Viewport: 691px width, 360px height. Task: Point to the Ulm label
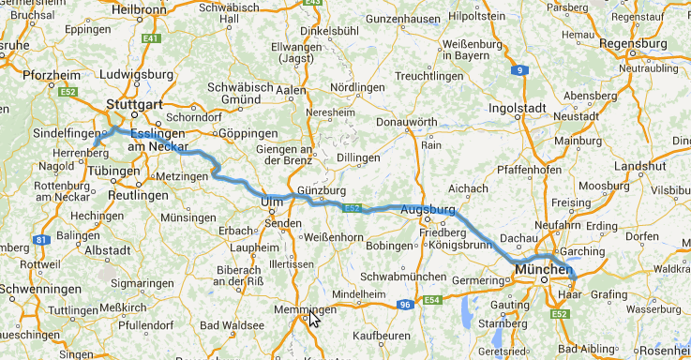tap(272, 202)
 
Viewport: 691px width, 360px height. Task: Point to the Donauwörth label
tap(406, 122)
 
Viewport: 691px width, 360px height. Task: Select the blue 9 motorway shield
tap(519, 70)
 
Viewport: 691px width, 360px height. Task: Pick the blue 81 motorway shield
tap(41, 240)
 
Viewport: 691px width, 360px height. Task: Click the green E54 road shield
tap(433, 299)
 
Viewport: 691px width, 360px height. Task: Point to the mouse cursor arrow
tap(314, 320)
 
